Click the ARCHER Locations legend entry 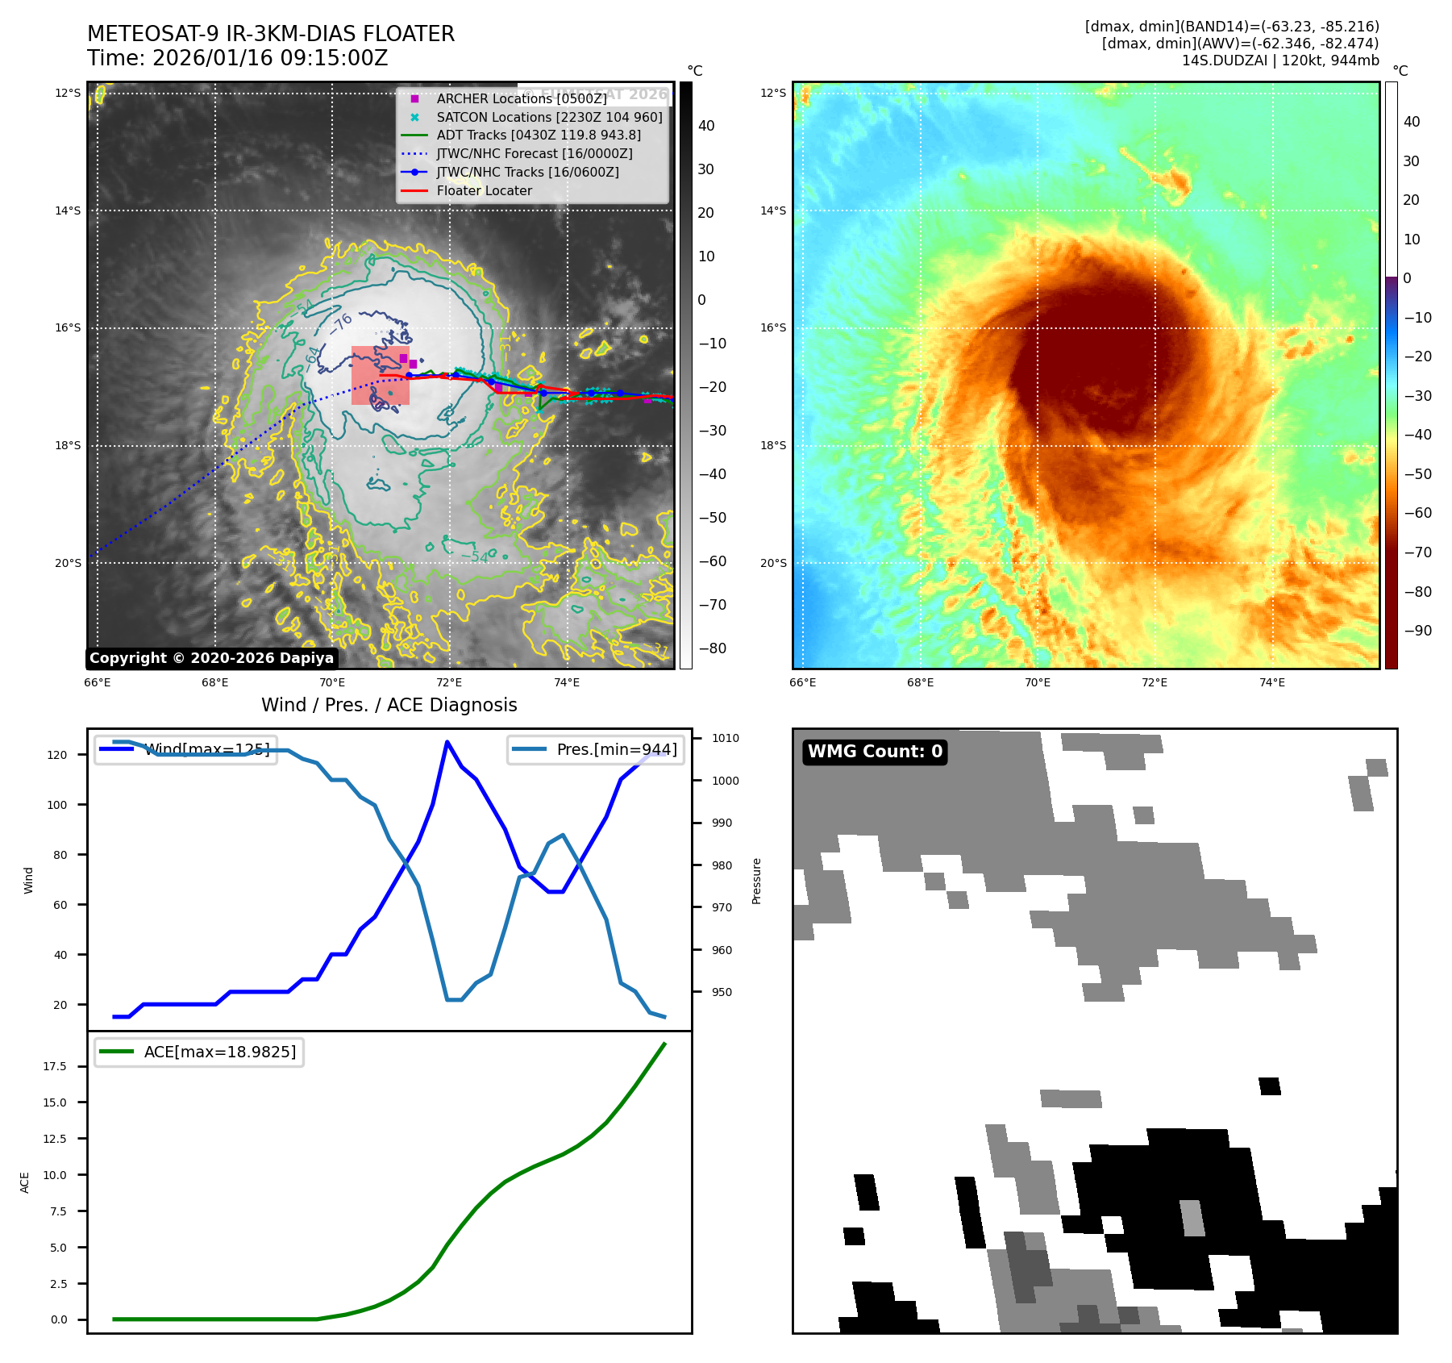(521, 98)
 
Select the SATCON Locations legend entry (548, 117)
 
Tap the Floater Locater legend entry (484, 191)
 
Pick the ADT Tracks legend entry (538, 135)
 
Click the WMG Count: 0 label (875, 752)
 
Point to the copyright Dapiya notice (211, 658)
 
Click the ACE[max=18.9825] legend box (199, 1052)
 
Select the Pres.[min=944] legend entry (596, 749)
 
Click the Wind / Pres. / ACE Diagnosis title (389, 705)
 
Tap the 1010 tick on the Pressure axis (725, 738)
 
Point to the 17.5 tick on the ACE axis (56, 1066)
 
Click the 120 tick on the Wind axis (57, 755)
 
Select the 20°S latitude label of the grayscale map (68, 563)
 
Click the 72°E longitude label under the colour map (1154, 682)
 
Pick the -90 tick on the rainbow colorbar (1417, 631)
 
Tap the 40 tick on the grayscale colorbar (706, 126)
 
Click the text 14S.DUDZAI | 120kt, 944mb (1279, 60)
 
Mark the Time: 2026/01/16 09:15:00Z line (238, 58)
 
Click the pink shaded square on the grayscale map (380, 375)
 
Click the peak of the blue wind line (447, 741)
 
